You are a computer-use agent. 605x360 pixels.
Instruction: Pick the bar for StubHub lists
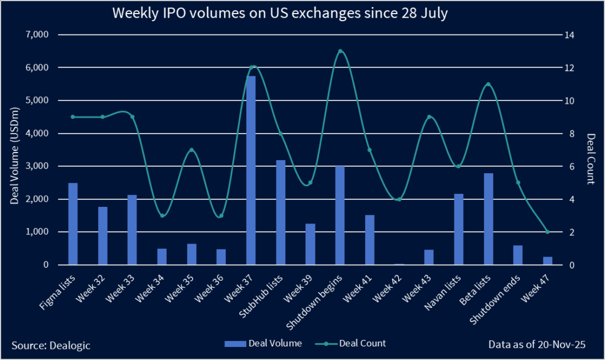[281, 212]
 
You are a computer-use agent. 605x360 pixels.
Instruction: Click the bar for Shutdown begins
[340, 215]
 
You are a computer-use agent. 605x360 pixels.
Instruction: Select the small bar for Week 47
[547, 261]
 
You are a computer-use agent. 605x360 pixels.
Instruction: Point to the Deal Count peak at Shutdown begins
[340, 51]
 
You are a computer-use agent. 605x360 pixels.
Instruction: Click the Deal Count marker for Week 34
[162, 215]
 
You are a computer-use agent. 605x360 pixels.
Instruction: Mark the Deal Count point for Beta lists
[488, 85]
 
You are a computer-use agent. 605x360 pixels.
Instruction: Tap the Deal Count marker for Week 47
[547, 232]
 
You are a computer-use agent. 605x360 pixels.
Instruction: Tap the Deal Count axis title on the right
[591, 150]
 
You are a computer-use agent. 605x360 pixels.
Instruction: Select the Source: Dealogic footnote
[51, 344]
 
